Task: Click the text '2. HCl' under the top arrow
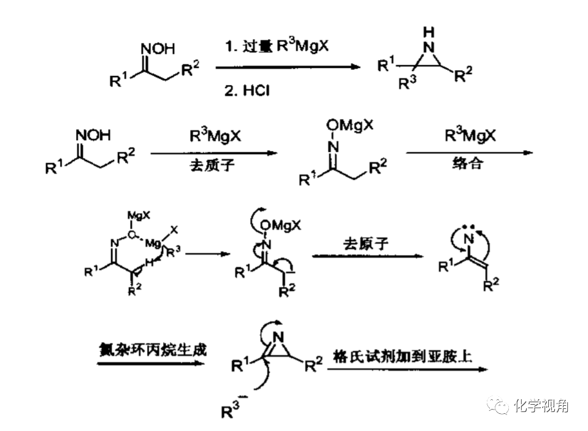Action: pos(247,91)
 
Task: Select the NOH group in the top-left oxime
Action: pos(158,48)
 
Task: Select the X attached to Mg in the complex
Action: pos(175,228)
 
